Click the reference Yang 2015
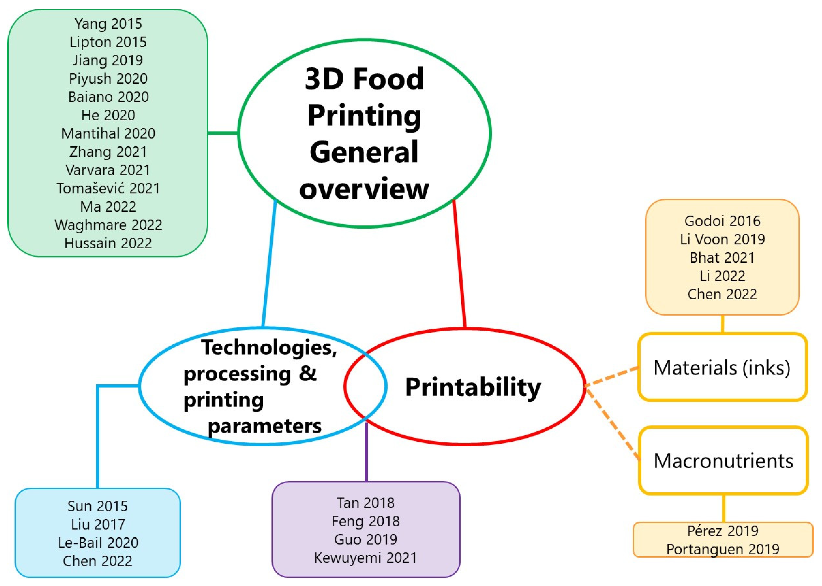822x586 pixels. point(108,24)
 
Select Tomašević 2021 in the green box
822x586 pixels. point(108,188)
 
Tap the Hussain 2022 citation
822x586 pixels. point(108,243)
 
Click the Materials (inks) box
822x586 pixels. point(722,367)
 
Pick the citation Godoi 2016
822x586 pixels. point(722,221)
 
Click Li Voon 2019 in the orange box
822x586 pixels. point(722,239)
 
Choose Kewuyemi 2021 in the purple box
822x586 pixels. point(366,558)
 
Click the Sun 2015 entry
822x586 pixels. point(97,506)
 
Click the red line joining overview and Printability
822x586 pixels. point(459,264)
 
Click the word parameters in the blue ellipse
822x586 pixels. point(265,426)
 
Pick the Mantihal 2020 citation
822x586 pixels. point(108,134)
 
